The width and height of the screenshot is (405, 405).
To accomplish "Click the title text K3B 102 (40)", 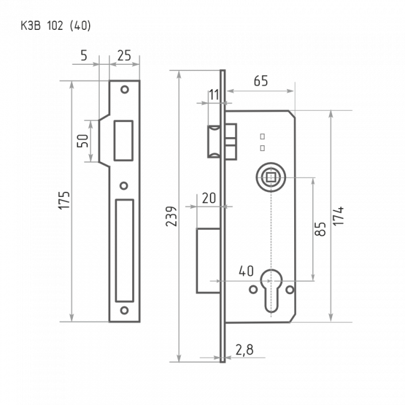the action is point(56,26).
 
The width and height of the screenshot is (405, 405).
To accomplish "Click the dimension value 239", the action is point(171,216).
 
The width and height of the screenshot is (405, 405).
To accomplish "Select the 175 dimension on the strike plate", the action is point(64,200).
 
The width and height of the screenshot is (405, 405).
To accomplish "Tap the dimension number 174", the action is point(338,216).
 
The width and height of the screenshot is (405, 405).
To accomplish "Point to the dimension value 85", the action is point(320,229).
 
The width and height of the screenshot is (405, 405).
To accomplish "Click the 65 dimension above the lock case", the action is point(261,81).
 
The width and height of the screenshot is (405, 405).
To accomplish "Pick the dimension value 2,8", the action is point(244,350).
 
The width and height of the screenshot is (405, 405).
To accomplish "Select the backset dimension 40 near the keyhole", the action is point(246,271).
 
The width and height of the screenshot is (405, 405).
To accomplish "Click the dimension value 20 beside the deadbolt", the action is point(209,198).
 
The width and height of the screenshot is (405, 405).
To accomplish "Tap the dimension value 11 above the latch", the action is point(214,95).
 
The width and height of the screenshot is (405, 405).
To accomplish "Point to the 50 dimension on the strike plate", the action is point(83,141).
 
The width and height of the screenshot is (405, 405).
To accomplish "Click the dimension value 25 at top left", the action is point(124,55).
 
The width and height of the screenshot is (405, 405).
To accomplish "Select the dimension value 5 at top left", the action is point(84,55).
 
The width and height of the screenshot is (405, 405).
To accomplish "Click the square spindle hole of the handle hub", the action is point(270,177).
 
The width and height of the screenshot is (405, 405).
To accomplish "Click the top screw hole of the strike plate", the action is point(125,90).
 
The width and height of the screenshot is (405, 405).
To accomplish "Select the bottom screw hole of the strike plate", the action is point(125,310).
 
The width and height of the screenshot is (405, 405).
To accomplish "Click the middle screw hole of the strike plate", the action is point(124,186).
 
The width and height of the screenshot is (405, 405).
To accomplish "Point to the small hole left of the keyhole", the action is point(253,290).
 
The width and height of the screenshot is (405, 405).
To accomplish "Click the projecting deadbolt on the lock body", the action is point(208,260).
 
